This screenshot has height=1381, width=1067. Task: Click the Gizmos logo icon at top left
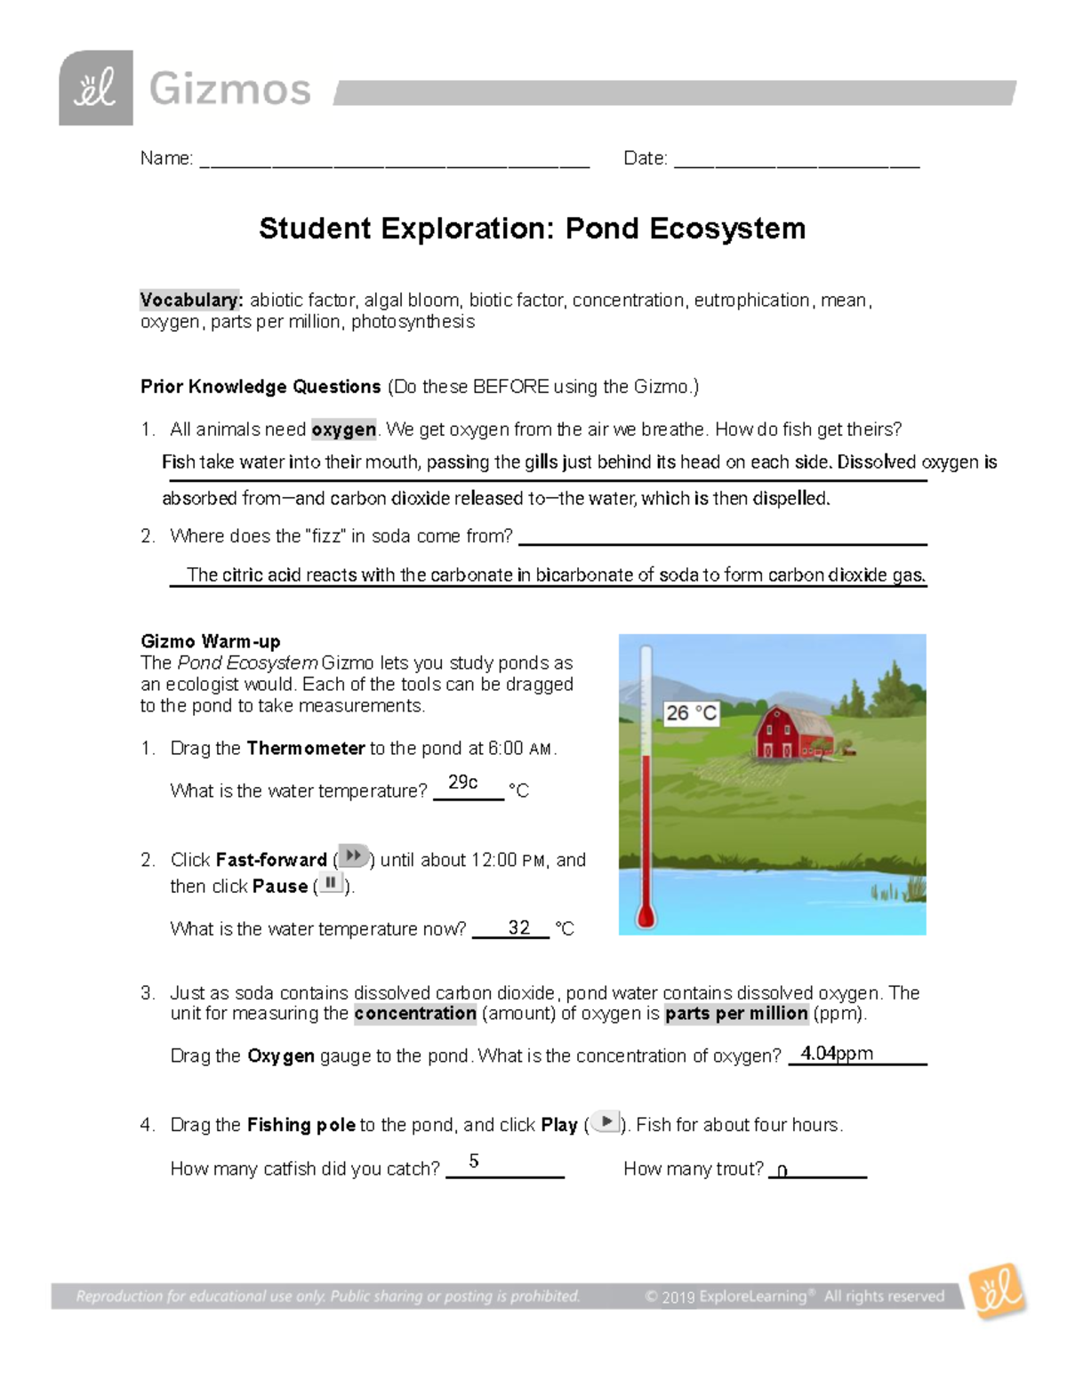pos(96,88)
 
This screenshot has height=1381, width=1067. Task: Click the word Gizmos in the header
pos(229,90)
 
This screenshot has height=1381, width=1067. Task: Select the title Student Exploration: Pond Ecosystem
pos(532,229)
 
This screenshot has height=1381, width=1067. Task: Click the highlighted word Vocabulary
pos(191,301)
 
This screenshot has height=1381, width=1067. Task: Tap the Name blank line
pos(395,160)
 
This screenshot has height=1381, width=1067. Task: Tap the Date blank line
pos(797,160)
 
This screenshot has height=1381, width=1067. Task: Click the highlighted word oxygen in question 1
pos(344,430)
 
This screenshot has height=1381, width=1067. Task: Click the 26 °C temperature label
pos(691,713)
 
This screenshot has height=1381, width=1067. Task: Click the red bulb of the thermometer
pos(646,916)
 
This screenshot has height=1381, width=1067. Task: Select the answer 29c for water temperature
pos(463,783)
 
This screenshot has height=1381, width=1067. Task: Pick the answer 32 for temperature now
pos(518,927)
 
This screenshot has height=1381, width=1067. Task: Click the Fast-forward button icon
pos(354,856)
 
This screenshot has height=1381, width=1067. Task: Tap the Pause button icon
pos(331,883)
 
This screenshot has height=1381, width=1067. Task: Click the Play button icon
pos(606,1122)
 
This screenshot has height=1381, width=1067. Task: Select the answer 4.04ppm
pos(837,1054)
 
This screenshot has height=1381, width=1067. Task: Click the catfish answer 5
pos(474,1161)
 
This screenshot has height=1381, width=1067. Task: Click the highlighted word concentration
pos(415,1014)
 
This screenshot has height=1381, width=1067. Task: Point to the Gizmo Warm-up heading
pos(211,641)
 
